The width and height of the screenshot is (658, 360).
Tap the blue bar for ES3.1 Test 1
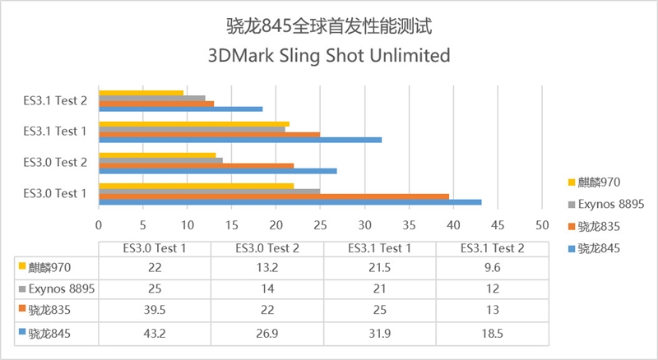tap(239, 140)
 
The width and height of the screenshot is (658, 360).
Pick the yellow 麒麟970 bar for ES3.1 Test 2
tap(141, 92)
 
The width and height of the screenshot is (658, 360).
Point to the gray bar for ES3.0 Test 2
tap(160, 160)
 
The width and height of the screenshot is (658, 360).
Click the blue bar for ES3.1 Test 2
tap(180, 108)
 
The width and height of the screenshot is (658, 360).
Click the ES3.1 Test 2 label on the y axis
tap(55, 100)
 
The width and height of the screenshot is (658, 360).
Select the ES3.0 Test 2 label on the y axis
tap(55, 162)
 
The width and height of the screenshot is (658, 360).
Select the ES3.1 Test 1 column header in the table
tap(381, 247)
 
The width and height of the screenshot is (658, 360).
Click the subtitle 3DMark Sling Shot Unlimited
tap(329, 57)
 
